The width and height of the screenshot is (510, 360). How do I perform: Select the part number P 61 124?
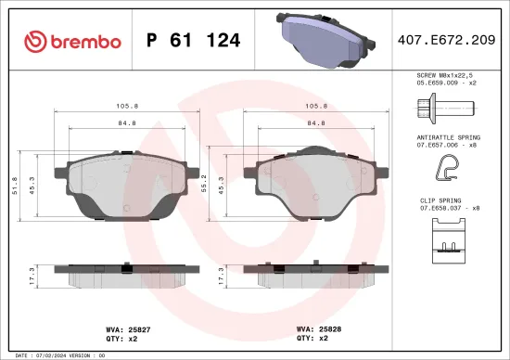tap(194, 41)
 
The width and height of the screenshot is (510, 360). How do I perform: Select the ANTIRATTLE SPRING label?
tap(449, 137)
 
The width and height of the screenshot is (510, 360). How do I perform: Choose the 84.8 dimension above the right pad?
tap(316, 122)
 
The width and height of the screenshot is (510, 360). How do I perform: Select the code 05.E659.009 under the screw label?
tap(445, 83)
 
